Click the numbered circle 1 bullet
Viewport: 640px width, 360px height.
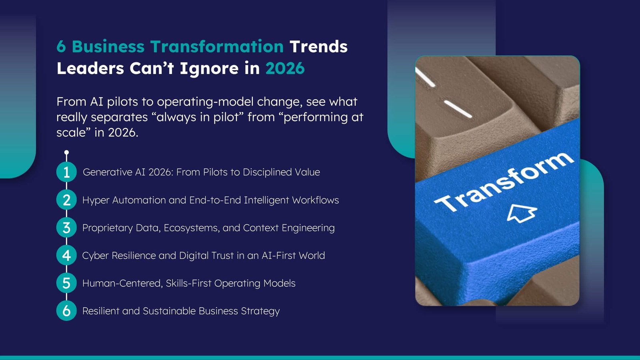tap(66, 172)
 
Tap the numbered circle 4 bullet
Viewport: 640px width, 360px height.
tap(66, 255)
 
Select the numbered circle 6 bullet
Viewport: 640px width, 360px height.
tap(66, 311)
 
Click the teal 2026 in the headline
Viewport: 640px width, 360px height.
tap(285, 68)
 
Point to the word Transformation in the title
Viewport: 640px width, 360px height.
tap(217, 47)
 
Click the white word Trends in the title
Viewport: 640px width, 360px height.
tap(318, 47)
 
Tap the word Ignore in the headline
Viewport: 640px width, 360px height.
tap(209, 69)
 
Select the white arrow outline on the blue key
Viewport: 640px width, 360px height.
tap(522, 213)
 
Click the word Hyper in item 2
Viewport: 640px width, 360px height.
tap(96, 200)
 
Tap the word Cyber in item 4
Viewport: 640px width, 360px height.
tap(95, 256)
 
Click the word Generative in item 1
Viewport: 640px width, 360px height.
tap(107, 172)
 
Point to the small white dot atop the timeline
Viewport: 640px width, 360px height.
tap(66, 152)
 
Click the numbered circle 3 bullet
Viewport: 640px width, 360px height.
tap(66, 228)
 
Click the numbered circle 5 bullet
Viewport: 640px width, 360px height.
tap(66, 283)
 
